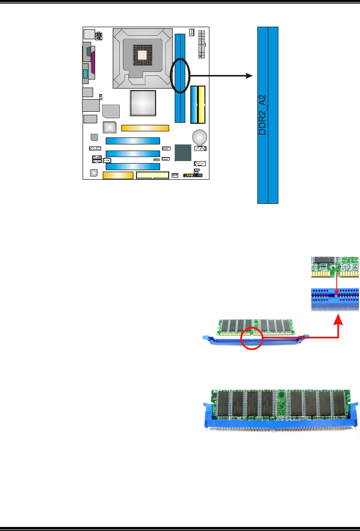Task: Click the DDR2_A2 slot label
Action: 262,114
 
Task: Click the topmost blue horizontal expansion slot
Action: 132,140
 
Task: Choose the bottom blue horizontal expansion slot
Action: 132,166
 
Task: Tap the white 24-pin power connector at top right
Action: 202,44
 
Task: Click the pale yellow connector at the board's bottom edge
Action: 153,176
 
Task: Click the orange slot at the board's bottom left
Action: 118,175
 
